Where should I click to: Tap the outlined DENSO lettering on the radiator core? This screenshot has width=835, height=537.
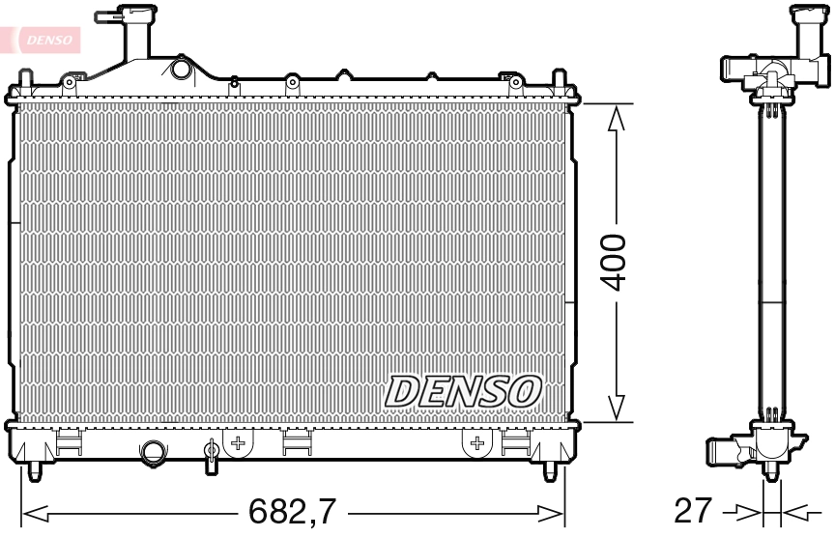point(463,391)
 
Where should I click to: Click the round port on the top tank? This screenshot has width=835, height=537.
point(180,70)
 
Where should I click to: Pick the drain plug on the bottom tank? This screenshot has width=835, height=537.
point(212,453)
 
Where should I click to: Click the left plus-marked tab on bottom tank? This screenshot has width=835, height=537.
point(238,442)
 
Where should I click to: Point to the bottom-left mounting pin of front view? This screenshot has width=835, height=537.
point(35,469)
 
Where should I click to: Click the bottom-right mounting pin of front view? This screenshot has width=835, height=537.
point(551,469)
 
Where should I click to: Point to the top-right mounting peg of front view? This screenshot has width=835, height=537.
point(558,79)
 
